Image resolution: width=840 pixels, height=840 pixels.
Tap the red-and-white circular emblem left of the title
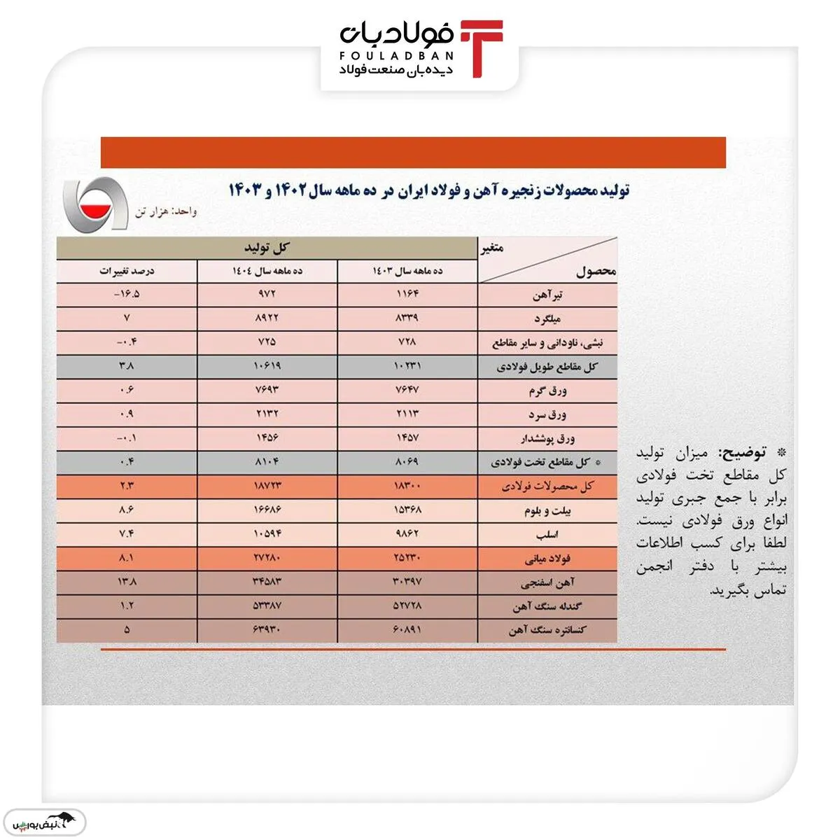click(x=96, y=207)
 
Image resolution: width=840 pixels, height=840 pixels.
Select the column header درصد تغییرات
click(x=127, y=271)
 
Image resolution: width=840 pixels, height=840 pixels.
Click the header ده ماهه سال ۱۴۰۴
click(x=267, y=271)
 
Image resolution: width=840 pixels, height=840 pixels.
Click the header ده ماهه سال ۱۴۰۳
click(x=407, y=271)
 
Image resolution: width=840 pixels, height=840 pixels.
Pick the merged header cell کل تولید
click(x=267, y=248)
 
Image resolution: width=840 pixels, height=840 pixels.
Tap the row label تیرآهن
click(x=547, y=295)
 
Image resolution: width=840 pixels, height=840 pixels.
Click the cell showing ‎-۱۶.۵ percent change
click(x=127, y=294)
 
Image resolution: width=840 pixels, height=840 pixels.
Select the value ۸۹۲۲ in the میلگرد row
click(x=267, y=318)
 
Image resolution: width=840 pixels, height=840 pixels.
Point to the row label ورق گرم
click(x=547, y=391)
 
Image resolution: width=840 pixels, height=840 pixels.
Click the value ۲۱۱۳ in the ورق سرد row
click(x=407, y=414)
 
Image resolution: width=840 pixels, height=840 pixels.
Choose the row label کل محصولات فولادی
click(x=547, y=486)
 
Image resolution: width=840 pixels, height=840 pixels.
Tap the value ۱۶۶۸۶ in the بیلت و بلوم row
click(x=267, y=510)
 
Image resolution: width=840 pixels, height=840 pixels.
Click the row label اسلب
click(x=547, y=535)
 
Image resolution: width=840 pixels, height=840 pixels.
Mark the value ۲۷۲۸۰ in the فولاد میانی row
click(x=267, y=558)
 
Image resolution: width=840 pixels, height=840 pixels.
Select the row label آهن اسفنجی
click(x=547, y=582)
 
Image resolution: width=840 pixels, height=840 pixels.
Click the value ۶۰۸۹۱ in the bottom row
click(x=407, y=629)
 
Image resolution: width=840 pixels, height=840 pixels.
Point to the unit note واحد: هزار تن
click(x=166, y=211)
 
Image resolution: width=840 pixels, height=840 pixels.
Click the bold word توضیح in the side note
click(x=743, y=453)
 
